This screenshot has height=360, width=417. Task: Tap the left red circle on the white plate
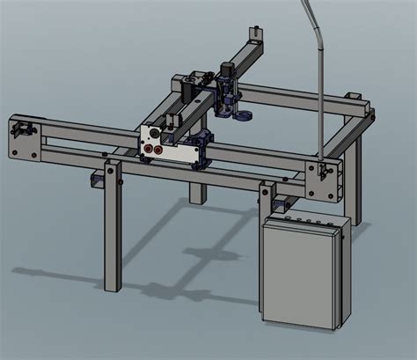[x=148, y=150]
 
